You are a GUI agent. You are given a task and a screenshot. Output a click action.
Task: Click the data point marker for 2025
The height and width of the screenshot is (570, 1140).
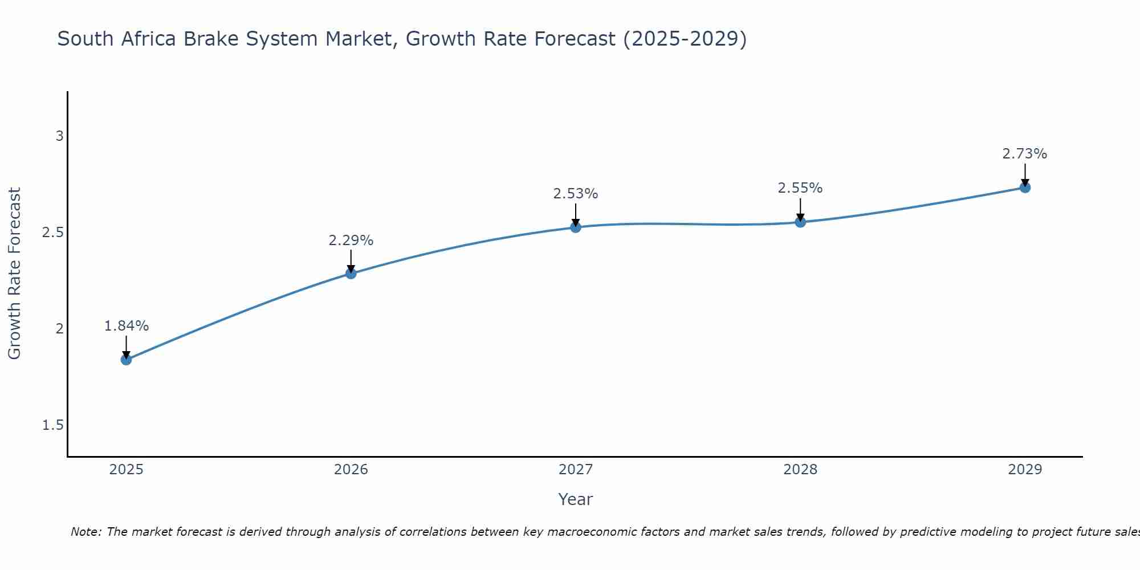[126, 360]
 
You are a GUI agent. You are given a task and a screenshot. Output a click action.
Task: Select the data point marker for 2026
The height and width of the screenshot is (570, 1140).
[351, 274]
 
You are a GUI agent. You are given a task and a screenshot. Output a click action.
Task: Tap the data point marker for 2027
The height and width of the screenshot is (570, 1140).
[576, 227]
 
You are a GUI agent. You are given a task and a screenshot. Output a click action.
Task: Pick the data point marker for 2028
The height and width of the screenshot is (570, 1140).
[800, 222]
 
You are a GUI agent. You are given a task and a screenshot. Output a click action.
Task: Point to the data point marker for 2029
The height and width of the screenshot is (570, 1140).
[1025, 188]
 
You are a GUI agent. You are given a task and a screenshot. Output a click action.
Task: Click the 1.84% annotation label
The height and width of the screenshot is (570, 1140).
[126, 326]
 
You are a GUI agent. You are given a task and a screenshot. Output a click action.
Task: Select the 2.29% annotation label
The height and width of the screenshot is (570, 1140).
[351, 241]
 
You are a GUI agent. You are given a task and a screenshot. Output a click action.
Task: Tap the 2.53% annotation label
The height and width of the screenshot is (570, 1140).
[576, 194]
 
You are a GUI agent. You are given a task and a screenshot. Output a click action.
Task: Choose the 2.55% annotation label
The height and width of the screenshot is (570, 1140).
[800, 188]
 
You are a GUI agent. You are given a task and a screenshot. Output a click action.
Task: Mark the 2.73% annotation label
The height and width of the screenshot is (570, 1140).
[1025, 154]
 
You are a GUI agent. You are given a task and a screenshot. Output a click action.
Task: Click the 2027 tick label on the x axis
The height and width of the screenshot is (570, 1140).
[576, 470]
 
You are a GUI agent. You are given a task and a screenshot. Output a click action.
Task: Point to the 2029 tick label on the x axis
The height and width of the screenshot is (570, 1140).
[1025, 470]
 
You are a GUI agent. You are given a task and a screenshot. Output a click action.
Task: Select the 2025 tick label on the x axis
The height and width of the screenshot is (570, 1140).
[126, 470]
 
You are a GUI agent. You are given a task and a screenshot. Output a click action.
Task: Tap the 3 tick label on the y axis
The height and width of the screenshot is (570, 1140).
[59, 136]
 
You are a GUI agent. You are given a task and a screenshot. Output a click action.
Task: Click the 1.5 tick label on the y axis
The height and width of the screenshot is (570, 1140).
[53, 425]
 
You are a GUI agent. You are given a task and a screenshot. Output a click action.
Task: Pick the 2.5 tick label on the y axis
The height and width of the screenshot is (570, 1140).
[53, 233]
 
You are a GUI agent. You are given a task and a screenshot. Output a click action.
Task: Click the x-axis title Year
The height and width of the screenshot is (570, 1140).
[576, 499]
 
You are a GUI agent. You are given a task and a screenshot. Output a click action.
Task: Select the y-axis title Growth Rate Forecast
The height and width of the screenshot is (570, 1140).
[15, 274]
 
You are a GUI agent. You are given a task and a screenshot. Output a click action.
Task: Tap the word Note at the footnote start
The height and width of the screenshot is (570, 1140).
[85, 532]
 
